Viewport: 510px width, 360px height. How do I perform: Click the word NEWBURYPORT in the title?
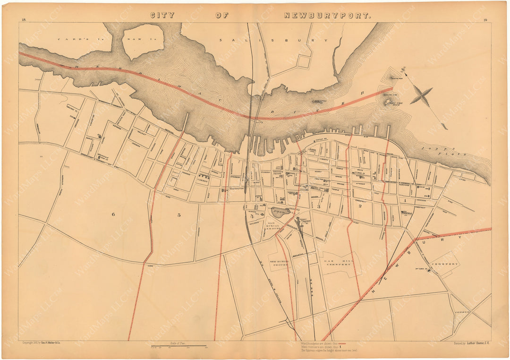click(x=328, y=15)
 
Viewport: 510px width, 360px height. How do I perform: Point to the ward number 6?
click(x=113, y=214)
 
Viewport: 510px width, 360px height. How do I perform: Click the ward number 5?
click(x=179, y=215)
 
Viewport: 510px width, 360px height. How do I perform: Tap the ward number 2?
click(x=359, y=206)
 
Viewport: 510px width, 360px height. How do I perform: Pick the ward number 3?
click(x=319, y=206)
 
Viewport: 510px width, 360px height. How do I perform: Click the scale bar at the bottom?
click(x=179, y=347)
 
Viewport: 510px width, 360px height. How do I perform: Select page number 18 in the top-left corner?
click(x=23, y=20)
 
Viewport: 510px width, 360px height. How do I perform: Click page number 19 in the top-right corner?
click(x=485, y=20)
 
